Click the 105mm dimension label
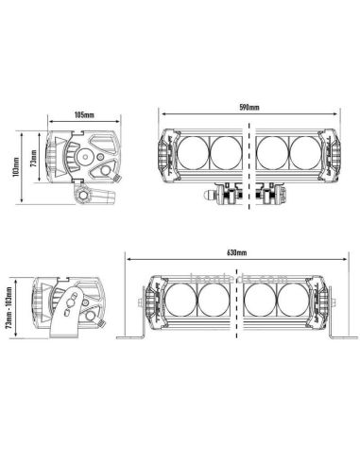82,115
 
